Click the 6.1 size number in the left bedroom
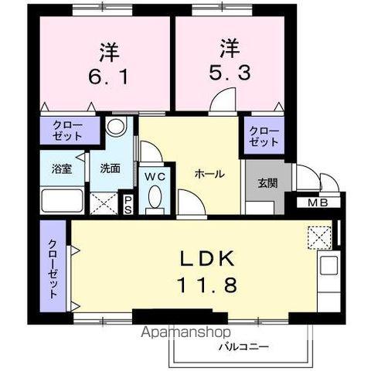106,77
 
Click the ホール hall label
209,175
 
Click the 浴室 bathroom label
63,169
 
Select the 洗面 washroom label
109,168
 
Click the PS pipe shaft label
129,204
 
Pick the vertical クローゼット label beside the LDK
53,269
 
